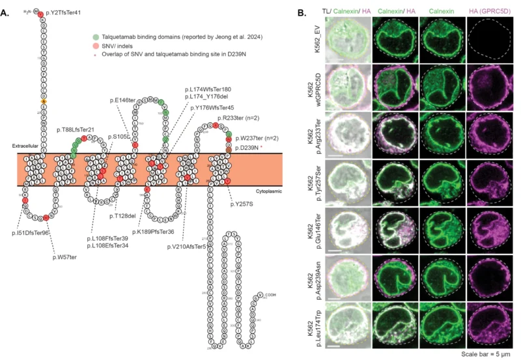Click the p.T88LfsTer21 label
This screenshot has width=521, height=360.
tap(76, 130)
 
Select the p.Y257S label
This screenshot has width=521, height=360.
tap(242, 204)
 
